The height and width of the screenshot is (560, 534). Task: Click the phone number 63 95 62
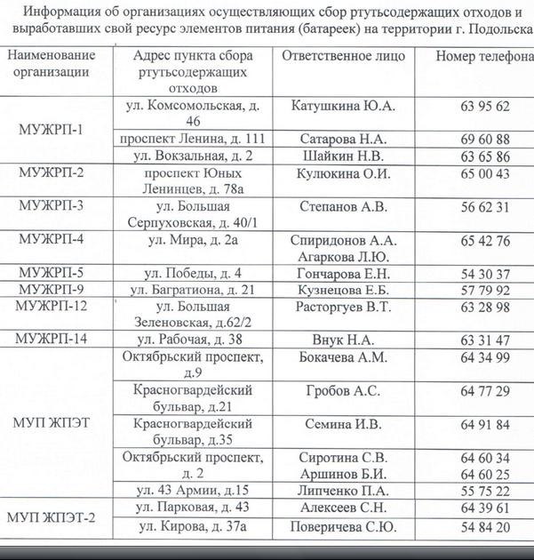click(x=485, y=106)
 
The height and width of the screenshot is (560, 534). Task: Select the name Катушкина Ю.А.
click(x=344, y=106)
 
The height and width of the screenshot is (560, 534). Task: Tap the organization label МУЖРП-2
click(x=52, y=172)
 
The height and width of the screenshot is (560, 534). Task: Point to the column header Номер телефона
click(x=485, y=56)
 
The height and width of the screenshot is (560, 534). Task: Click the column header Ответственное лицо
click(x=343, y=56)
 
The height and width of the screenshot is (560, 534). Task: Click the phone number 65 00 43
click(x=485, y=173)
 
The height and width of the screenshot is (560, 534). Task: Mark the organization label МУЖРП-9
click(x=52, y=290)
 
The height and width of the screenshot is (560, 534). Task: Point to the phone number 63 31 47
click(x=485, y=340)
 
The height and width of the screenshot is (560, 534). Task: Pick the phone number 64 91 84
click(x=485, y=424)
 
